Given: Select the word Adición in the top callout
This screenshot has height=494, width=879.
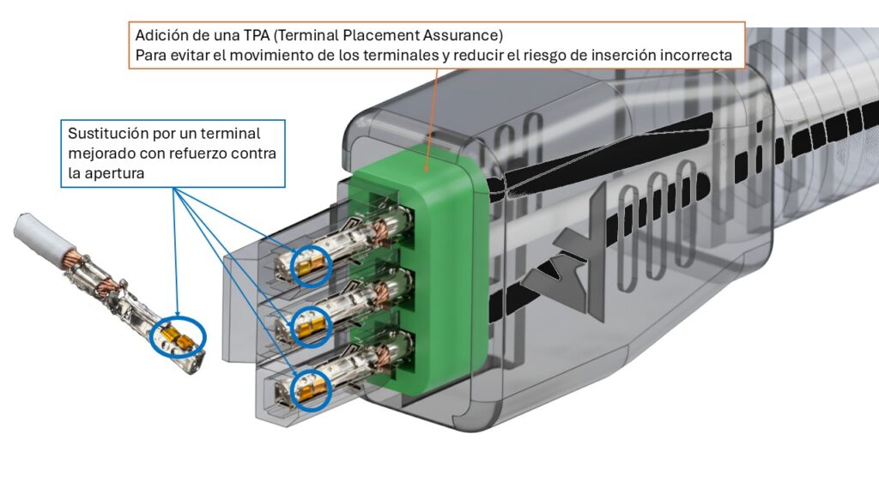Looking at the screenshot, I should [161, 37].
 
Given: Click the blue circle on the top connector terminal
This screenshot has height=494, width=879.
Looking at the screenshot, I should [310, 265].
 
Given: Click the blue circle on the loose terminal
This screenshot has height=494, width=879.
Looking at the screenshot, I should [178, 336].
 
